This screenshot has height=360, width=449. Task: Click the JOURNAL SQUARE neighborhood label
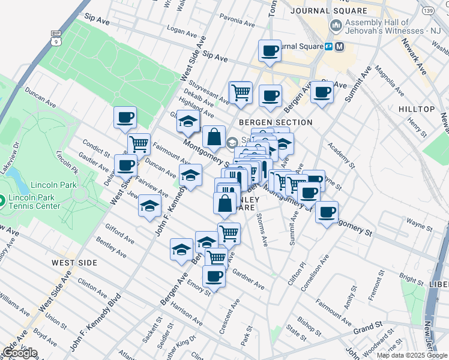pos(328,11)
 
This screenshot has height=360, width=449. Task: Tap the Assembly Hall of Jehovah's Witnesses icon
pos(336,26)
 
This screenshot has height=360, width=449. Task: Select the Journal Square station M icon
pos(340,47)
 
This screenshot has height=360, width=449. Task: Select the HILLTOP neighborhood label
pos(416,109)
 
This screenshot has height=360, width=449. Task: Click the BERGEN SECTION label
pos(276,122)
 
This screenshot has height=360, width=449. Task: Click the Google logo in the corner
pos(20,353)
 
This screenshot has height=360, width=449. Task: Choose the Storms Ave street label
pos(262,229)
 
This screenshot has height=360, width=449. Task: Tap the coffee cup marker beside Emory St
pos(214,276)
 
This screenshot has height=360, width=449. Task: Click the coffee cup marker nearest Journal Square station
pos(270,50)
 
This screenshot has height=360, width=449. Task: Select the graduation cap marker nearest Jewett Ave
pos(149,206)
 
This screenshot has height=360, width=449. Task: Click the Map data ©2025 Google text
pos(411,355)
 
